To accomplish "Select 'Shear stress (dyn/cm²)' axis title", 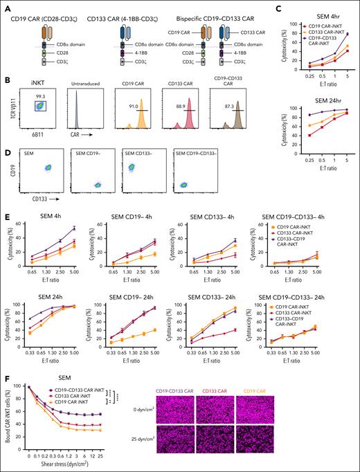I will click(x=84, y=466).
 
